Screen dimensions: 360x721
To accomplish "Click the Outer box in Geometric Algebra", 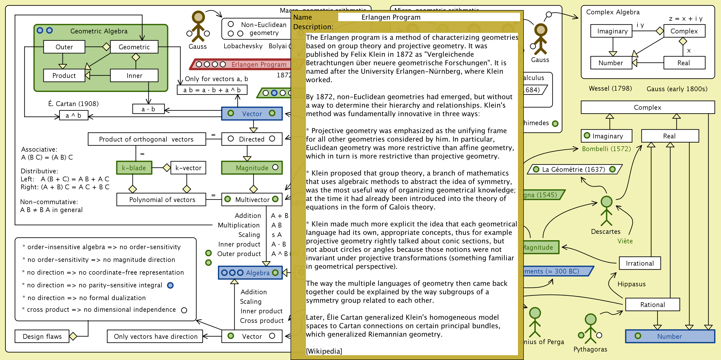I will tap(64, 47).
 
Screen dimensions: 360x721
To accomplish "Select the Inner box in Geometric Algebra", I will tap(134, 76).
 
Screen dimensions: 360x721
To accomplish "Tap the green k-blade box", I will tap(134, 168).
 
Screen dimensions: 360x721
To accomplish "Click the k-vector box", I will tap(188, 168).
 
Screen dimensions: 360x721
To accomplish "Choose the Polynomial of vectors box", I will tap(161, 200).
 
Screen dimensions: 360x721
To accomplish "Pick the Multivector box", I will tap(252, 200).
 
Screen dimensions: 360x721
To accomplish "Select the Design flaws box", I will tap(42, 336).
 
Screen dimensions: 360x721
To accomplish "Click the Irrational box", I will tap(640, 263).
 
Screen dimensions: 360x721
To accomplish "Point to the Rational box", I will tap(652, 305).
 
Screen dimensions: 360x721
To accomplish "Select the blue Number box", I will tap(670, 336).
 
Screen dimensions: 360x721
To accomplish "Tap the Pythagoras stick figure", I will tap(590, 329).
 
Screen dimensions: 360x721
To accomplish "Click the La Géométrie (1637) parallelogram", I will tap(574, 169).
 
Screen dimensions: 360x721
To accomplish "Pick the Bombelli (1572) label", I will tap(606, 149).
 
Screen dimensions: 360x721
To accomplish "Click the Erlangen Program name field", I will tap(428, 17).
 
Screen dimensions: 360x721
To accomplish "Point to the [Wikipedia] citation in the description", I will tap(324, 351).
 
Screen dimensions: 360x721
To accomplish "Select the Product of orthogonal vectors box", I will tap(146, 139).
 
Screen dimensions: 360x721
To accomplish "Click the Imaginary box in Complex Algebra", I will tap(612, 31).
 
